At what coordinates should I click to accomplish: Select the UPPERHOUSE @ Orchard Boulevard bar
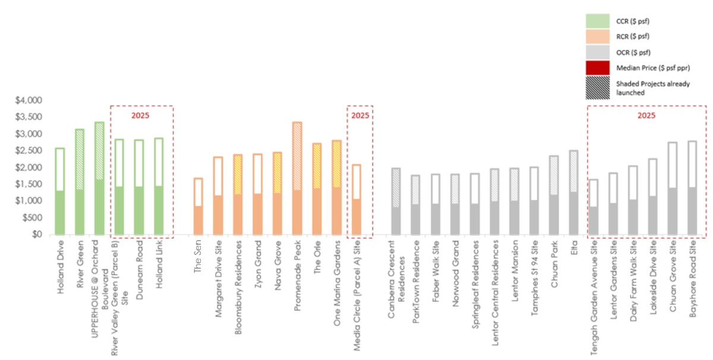point(99,178)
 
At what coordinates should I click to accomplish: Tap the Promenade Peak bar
point(297,178)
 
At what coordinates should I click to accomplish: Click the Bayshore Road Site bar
point(692,188)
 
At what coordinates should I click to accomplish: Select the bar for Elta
point(573,192)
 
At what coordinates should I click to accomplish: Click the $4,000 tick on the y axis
point(29,100)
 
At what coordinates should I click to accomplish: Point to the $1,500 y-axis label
point(29,184)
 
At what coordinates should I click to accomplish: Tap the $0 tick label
point(36,235)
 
